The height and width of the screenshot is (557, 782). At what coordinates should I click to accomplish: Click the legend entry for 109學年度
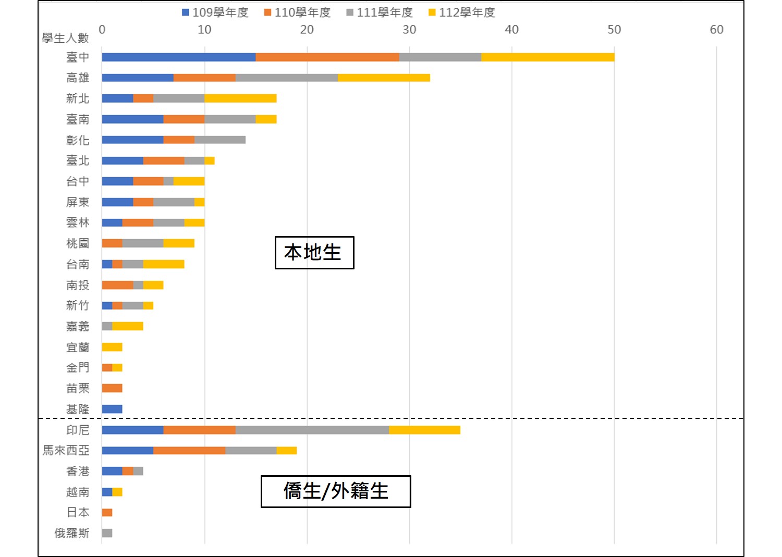215,13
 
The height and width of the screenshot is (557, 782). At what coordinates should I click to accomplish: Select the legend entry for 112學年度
461,13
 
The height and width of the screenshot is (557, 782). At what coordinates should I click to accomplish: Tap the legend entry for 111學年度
380,13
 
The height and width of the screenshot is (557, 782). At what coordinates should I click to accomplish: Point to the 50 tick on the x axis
614,30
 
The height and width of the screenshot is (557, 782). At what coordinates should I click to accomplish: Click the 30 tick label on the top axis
409,30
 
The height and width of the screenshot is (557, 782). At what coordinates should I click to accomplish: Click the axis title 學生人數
66,38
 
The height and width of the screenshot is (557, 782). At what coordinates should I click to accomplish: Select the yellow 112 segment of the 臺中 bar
547,57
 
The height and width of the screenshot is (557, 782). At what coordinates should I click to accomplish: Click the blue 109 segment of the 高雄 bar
138,78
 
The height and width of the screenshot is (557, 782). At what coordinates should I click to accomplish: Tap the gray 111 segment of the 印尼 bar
312,430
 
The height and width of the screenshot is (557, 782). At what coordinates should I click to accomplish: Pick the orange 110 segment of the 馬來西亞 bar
189,450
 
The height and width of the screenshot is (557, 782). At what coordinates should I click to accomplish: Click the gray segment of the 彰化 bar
220,140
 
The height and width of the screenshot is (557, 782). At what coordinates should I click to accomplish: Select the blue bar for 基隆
112,409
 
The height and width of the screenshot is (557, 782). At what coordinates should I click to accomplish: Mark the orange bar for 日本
107,512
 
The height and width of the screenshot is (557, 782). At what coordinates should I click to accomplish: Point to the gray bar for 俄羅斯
107,533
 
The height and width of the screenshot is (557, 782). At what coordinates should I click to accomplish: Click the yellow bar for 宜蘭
112,347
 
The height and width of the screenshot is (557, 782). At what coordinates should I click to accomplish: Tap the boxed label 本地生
314,253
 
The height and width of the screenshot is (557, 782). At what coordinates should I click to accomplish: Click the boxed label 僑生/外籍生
336,491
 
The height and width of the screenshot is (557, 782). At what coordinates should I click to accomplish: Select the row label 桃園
78,243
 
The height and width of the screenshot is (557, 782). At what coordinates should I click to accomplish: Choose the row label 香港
78,471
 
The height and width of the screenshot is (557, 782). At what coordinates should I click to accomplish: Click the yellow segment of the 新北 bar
240,98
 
